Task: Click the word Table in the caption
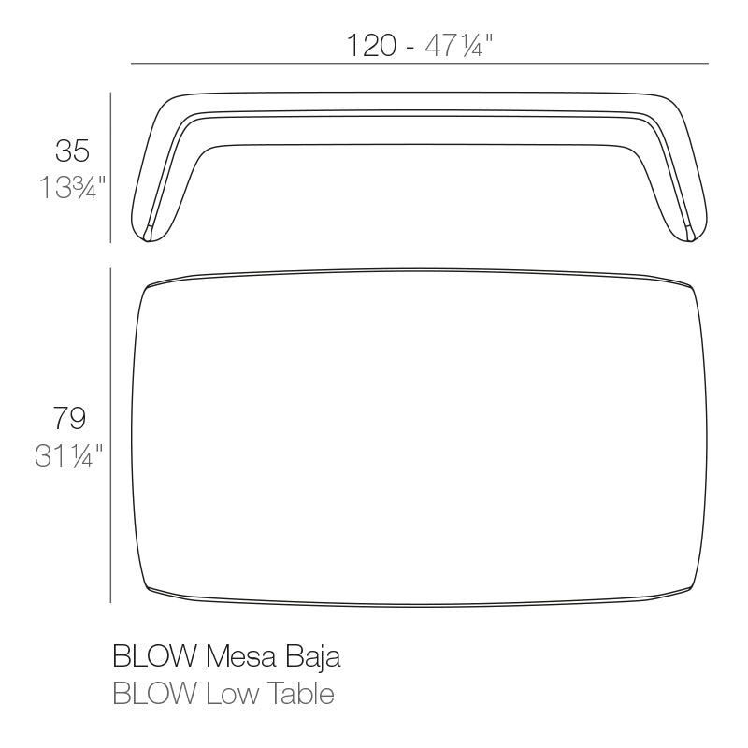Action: pos(298,695)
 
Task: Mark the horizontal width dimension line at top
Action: pos(420,63)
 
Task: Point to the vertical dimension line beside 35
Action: pos(111,168)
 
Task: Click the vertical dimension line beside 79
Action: pos(111,435)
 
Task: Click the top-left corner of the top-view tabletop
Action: pos(147,285)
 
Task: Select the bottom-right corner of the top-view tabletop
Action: pos(692,586)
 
